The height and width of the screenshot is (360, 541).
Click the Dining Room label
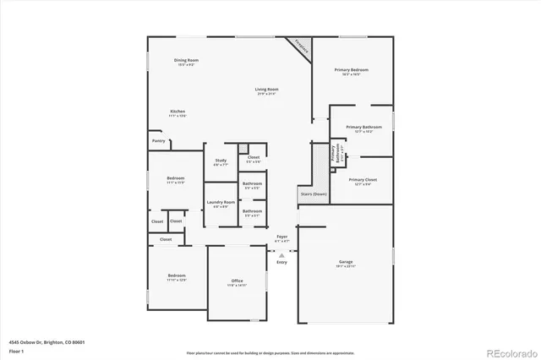point(186,60)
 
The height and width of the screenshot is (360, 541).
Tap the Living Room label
point(268,89)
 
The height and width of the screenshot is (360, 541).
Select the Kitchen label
point(178,112)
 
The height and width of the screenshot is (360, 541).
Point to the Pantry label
point(158,141)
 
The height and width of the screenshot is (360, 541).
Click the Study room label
point(221,160)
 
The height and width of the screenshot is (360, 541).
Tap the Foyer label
point(282,237)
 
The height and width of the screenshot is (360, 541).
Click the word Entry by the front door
point(282,262)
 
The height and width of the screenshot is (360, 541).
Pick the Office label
point(238,281)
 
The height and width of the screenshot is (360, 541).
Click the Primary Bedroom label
point(351,70)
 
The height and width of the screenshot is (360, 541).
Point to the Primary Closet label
point(363,180)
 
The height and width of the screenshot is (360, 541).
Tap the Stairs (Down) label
point(314,194)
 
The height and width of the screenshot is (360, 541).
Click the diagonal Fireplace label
point(302,48)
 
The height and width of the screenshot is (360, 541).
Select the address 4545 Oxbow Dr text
point(47,342)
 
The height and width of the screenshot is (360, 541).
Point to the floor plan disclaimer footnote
point(270,352)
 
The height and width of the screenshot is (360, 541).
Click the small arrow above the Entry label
point(282,254)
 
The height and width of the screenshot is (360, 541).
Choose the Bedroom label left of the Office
point(176,276)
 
